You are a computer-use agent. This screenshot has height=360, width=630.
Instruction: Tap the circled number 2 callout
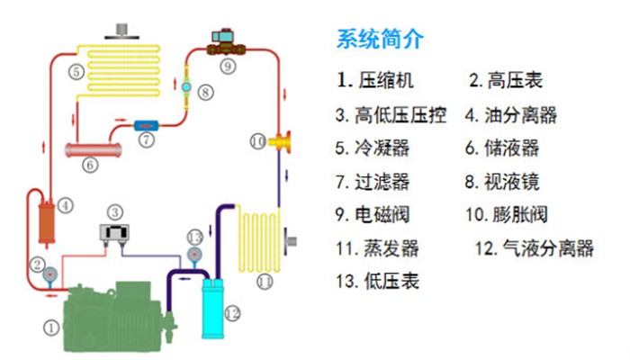click(38, 265)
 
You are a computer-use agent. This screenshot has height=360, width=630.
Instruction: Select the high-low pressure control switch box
click(114, 233)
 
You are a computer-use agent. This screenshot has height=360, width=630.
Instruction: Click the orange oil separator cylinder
click(46, 222)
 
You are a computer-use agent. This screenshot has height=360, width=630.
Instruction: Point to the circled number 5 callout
click(76, 72)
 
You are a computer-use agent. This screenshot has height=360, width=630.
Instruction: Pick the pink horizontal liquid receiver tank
click(94, 150)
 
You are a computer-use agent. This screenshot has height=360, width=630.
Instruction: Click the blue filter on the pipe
click(146, 126)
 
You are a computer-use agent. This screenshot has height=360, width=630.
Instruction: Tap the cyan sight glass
click(186, 86)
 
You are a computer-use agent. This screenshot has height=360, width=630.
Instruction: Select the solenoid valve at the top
click(226, 42)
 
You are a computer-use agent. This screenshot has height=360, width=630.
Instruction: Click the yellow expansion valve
click(280, 141)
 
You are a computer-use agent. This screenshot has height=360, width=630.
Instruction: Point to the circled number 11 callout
click(265, 282)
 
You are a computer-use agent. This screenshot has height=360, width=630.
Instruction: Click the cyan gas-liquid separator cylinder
click(212, 309)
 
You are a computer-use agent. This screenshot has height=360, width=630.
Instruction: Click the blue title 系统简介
click(380, 39)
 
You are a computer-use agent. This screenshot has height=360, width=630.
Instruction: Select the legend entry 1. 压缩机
click(375, 80)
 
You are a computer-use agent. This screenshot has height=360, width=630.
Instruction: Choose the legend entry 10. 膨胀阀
click(506, 214)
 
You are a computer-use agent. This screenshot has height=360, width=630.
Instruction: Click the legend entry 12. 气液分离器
click(535, 248)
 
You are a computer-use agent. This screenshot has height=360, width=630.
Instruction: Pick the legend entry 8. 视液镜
click(502, 182)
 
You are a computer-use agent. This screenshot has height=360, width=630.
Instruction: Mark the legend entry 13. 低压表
click(377, 281)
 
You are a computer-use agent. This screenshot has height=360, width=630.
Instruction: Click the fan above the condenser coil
click(121, 31)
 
